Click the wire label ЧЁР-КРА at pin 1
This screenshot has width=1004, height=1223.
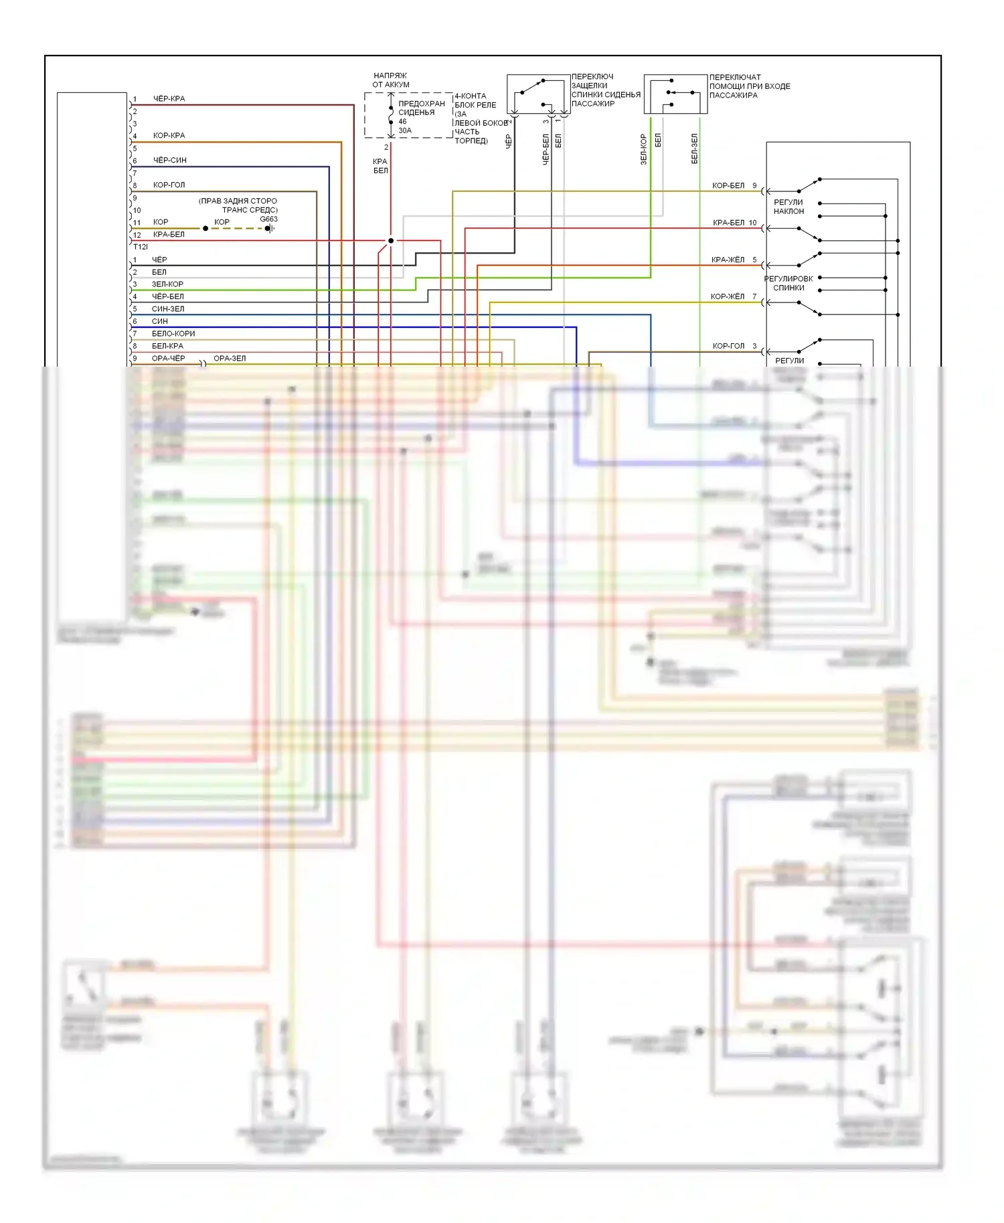[x=169, y=99]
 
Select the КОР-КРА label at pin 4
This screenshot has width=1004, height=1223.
[x=169, y=136]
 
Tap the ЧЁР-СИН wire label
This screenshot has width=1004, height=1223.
[x=169, y=161]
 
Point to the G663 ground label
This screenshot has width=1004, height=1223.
[x=268, y=219]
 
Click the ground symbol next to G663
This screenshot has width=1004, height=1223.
[x=270, y=228]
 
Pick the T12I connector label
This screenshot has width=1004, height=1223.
[x=141, y=247]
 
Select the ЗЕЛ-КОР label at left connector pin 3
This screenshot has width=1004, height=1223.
[x=167, y=284]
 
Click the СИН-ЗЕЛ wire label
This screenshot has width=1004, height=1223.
[x=167, y=309]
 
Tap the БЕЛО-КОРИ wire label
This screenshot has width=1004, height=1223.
[x=173, y=334]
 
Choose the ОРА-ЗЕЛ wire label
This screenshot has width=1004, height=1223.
[x=230, y=359]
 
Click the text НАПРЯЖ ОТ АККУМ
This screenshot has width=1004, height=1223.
[x=391, y=80]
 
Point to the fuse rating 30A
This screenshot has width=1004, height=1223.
[x=405, y=130]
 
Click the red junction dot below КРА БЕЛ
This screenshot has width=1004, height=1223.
[x=391, y=241]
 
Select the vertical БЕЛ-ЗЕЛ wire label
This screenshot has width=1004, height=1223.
[x=694, y=149]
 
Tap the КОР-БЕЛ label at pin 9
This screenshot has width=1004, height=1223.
[x=728, y=186]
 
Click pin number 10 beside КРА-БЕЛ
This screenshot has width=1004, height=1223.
[x=753, y=223]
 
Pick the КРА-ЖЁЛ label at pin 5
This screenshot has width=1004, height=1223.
[x=728, y=260]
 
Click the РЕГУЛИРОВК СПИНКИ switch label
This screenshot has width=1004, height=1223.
[x=788, y=283]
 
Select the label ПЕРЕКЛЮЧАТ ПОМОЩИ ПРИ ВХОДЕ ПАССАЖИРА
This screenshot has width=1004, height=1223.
[x=750, y=86]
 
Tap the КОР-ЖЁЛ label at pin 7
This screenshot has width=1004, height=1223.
[x=728, y=297]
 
